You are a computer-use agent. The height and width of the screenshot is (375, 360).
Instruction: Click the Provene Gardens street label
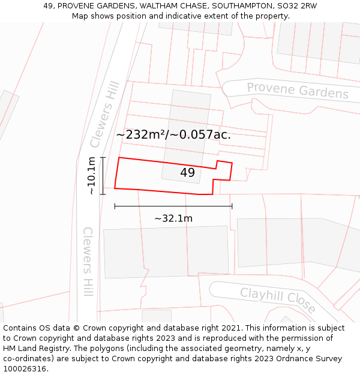pyautogui.click(x=298, y=91)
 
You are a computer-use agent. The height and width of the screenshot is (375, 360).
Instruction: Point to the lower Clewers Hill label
pyautogui.click(x=88, y=261)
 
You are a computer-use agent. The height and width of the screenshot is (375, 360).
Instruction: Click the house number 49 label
pyautogui.click(x=187, y=173)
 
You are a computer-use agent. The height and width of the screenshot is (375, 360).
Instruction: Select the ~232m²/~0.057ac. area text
pyautogui.click(x=173, y=134)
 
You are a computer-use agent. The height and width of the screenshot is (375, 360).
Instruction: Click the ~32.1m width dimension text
pyautogui.click(x=173, y=218)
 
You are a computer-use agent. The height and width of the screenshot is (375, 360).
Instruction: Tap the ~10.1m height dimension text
pyautogui.click(x=91, y=176)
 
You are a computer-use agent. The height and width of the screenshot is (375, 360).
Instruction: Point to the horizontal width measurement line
pyautogui.click(x=173, y=206)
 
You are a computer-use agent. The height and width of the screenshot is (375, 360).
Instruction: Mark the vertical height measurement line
pyautogui.click(x=103, y=175)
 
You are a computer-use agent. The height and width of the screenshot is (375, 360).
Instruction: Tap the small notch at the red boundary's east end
pyautogui.click(x=223, y=170)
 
